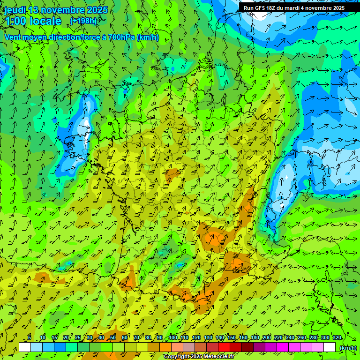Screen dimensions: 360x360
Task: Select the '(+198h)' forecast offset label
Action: click(x=83, y=21)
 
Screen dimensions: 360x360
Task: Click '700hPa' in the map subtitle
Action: click(x=120, y=37)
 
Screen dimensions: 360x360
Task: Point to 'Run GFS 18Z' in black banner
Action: click(x=259, y=8)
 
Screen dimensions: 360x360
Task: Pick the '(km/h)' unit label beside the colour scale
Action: click(x=348, y=347)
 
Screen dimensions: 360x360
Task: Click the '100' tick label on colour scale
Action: click(x=173, y=338)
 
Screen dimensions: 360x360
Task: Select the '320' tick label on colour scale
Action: click(x=337, y=338)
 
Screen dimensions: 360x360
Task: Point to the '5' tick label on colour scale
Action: click(x=30, y=338)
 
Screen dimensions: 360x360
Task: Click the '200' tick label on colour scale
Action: click(x=267, y=338)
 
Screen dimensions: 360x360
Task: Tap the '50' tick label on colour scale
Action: click(x=113, y=338)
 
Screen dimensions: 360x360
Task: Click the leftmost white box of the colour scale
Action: click(x=25, y=347)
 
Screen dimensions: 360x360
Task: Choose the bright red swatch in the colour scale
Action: click(x=224, y=347)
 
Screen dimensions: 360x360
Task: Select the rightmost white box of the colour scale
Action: click(x=330, y=347)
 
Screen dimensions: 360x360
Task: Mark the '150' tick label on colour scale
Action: click(x=232, y=338)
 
